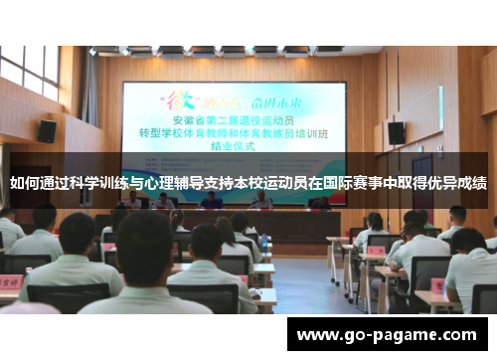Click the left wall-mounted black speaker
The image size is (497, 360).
pyautogui.click(x=47, y=130)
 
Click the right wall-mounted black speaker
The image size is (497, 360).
pyautogui.click(x=396, y=132)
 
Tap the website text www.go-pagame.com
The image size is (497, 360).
pyautogui.click(x=388, y=333)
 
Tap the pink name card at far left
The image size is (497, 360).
pyautogui.click(x=9, y=282)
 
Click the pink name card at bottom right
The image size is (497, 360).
pyautogui.click(x=437, y=285)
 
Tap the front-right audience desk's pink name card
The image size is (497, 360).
pyautogui.click(x=377, y=250)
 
